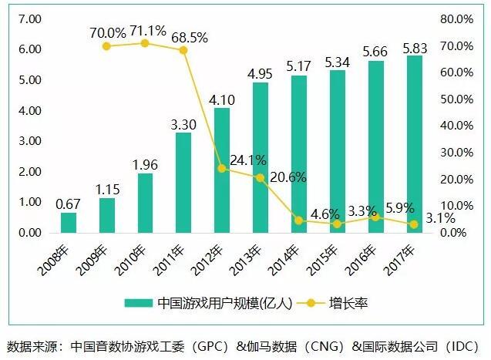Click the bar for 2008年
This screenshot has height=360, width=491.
[x=69, y=222]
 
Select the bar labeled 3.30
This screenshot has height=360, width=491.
[x=183, y=182]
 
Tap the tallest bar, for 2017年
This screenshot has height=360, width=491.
[x=414, y=143]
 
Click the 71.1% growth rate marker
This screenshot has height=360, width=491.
[x=145, y=43]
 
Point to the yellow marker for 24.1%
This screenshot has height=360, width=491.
[x=222, y=168]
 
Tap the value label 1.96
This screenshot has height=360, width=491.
[x=145, y=163]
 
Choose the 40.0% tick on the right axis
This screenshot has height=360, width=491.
[x=456, y=126]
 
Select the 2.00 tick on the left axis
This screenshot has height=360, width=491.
[x=29, y=171]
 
